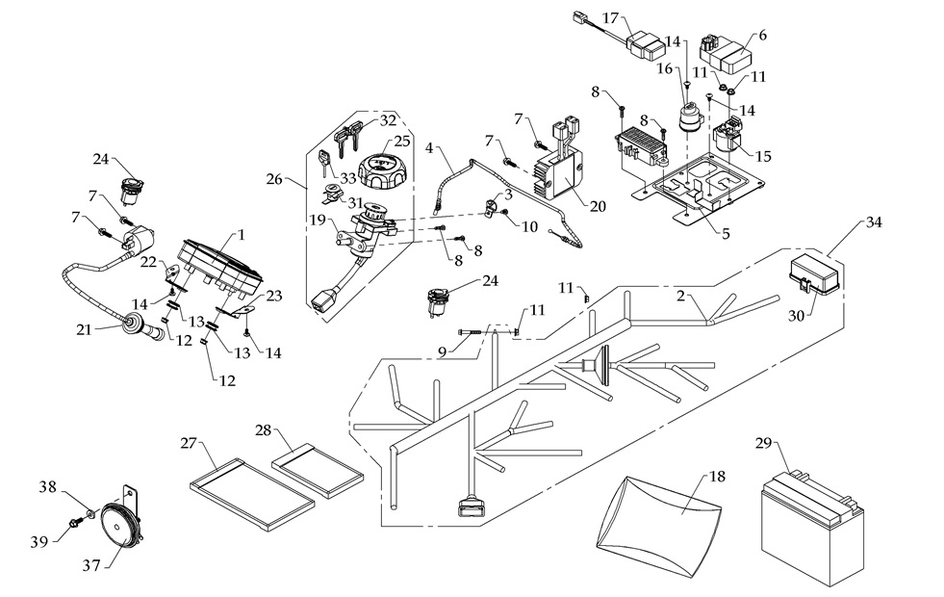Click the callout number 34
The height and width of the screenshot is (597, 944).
873,223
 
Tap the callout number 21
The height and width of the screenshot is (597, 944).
84,329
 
